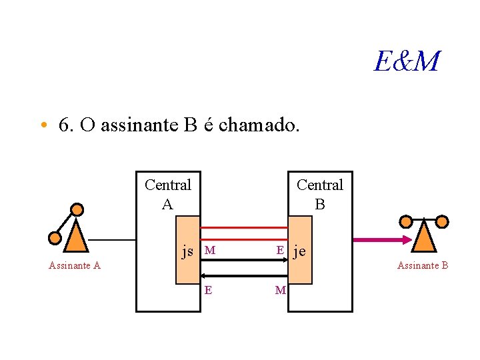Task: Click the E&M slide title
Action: click(x=407, y=62)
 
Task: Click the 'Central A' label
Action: click(x=167, y=194)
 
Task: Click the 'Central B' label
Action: click(x=320, y=194)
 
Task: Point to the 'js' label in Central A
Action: click(x=187, y=251)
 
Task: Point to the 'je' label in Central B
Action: click(x=299, y=251)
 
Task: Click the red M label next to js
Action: click(x=210, y=251)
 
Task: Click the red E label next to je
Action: click(x=281, y=250)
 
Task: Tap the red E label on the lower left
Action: click(x=209, y=289)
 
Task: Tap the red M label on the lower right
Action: click(x=281, y=289)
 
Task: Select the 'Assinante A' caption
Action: click(x=75, y=265)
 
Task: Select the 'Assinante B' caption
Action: click(x=423, y=265)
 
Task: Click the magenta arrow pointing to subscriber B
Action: click(x=380, y=239)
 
